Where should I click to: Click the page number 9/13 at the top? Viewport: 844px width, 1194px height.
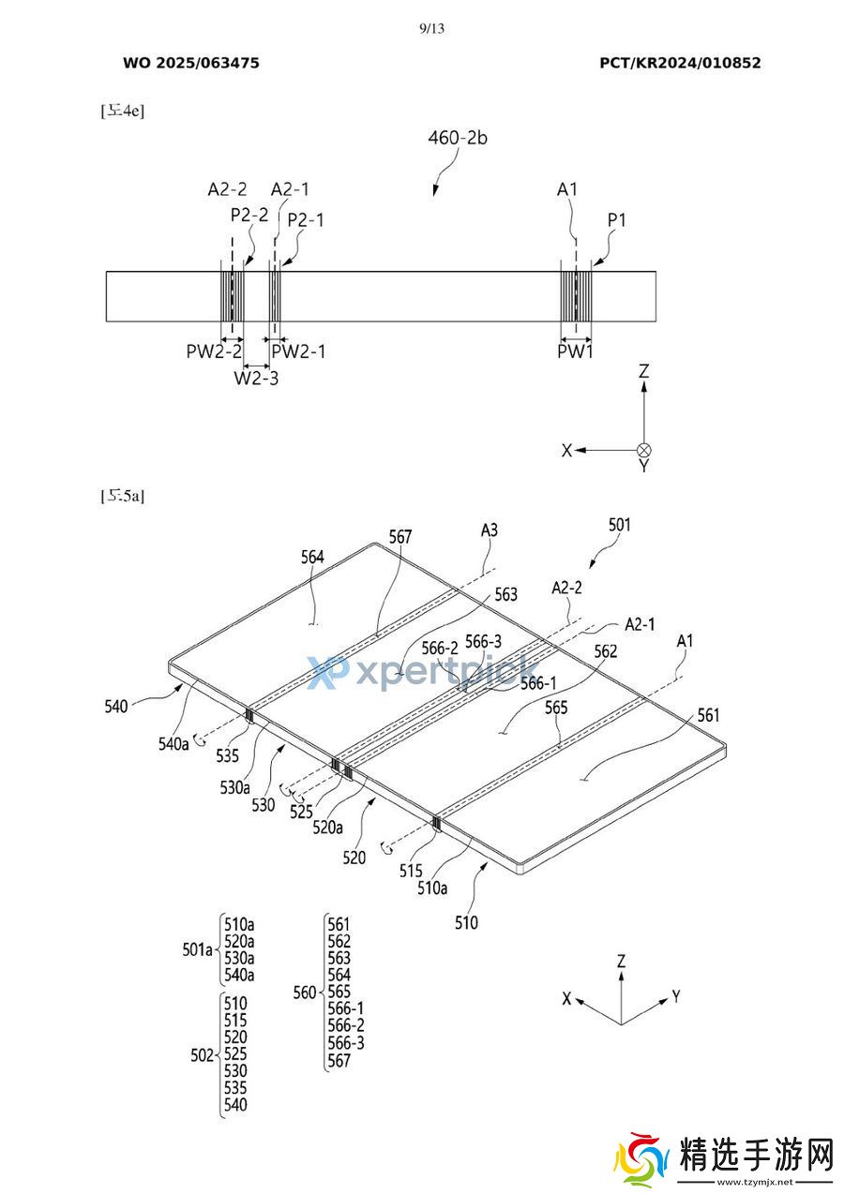(x=431, y=28)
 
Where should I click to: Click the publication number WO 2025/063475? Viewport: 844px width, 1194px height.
(x=191, y=63)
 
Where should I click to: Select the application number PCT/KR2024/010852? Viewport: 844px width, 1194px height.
(x=680, y=63)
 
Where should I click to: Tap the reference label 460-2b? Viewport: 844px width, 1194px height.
(x=458, y=138)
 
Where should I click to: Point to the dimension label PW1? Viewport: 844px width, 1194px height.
(x=576, y=351)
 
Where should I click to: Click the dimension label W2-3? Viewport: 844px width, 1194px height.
(x=256, y=378)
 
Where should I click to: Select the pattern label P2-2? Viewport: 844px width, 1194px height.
(x=249, y=214)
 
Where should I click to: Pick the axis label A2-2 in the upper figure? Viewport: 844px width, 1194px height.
(x=227, y=189)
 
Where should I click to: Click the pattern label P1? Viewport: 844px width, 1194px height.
(x=616, y=220)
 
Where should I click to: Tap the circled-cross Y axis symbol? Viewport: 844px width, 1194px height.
(x=643, y=450)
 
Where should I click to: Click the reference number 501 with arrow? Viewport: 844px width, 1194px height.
(x=620, y=525)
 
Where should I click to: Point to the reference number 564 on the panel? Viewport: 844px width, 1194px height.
(x=312, y=557)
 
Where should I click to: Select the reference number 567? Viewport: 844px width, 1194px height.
(x=400, y=537)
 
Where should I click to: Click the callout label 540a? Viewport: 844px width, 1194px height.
(x=173, y=743)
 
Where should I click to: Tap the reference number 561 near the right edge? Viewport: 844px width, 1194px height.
(x=709, y=716)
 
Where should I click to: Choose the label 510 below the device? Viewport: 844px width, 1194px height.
(x=466, y=923)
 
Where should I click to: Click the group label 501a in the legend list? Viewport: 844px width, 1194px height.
(x=198, y=949)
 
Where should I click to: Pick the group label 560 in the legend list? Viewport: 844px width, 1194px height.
(x=305, y=993)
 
